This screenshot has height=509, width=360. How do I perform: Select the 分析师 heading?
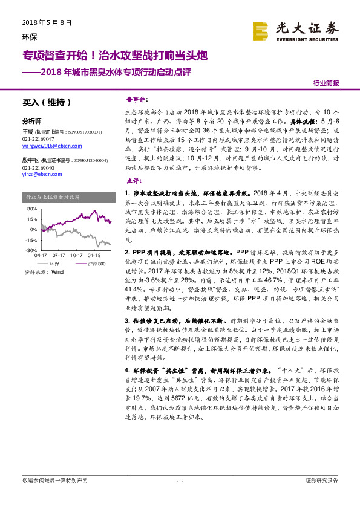click(x=31, y=120)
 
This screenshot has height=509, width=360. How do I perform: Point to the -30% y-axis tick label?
click(x=32, y=250)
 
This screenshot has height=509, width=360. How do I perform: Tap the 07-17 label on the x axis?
click(x=59, y=256)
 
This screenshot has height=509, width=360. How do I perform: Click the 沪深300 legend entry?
click(x=90, y=264)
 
